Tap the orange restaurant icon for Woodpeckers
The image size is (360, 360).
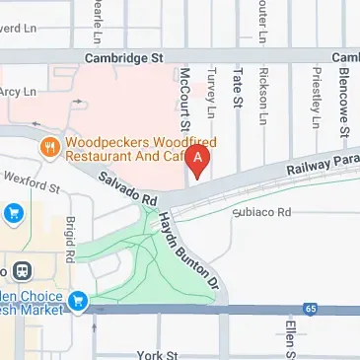coord(47,147)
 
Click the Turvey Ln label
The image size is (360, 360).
coord(209,96)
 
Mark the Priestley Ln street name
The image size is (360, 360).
coord(315,97)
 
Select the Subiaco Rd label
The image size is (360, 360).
coord(262,212)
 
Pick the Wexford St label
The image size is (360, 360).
coord(37,181)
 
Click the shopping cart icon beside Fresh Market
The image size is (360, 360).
coord(79,301)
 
